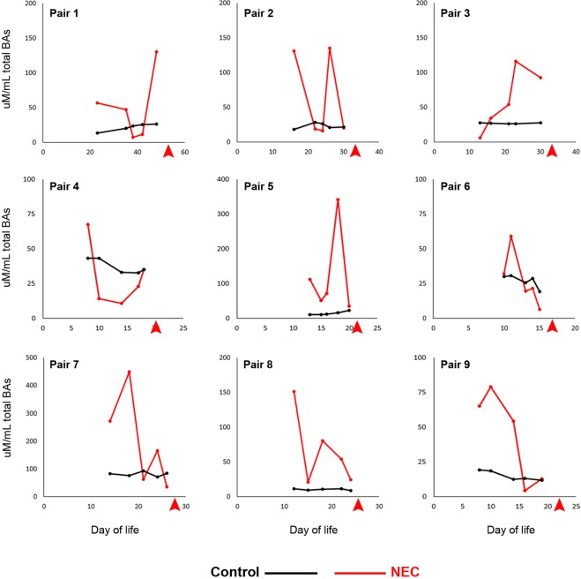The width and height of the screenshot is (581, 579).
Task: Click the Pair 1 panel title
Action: [68, 15]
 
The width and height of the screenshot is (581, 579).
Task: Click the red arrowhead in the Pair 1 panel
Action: [168, 152]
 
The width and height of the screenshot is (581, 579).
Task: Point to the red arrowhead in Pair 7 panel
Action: [175, 505]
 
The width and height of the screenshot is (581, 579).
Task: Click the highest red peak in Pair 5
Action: [338, 199]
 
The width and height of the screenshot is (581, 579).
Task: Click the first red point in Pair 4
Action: [87, 224]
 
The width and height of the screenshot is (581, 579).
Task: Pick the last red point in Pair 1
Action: [156, 52]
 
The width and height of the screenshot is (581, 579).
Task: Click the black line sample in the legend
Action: [293, 548]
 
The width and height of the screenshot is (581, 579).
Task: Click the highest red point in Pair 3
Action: [516, 62]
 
